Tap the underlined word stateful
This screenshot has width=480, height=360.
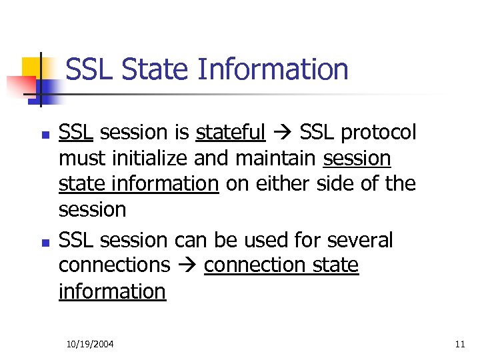pyautogui.click(x=230, y=133)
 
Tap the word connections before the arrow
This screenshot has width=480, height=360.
pyautogui.click(x=114, y=265)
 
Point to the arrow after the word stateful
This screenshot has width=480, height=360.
pyautogui.click(x=283, y=133)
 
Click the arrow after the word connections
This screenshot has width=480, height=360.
pyautogui.click(x=187, y=266)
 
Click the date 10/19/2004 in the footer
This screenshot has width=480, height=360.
pyautogui.click(x=90, y=344)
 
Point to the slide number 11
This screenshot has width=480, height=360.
pyautogui.click(x=459, y=344)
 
